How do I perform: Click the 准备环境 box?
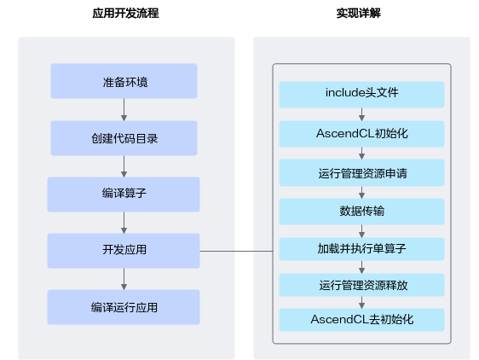point(124,81)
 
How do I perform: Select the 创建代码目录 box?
point(124,138)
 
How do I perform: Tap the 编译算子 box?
point(124,195)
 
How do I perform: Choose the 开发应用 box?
point(124,251)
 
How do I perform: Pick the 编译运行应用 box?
point(124,307)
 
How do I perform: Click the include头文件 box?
point(361,95)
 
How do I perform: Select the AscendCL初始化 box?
point(361,134)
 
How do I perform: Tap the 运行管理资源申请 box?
point(361,173)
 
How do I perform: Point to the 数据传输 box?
point(361,212)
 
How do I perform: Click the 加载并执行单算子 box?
point(361,249)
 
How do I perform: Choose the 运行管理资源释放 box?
point(361,285)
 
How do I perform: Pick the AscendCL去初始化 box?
point(361,320)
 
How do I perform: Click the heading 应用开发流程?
point(125,13)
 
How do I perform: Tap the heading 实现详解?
point(358,13)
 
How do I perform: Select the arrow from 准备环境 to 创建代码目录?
point(124,109)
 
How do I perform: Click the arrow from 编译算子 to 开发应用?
point(124,223)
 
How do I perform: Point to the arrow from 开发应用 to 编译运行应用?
point(124,279)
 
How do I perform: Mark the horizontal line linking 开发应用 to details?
point(236,251)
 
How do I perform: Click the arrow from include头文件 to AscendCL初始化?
point(361,114)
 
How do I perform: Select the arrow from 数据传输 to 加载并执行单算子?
point(361,231)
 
